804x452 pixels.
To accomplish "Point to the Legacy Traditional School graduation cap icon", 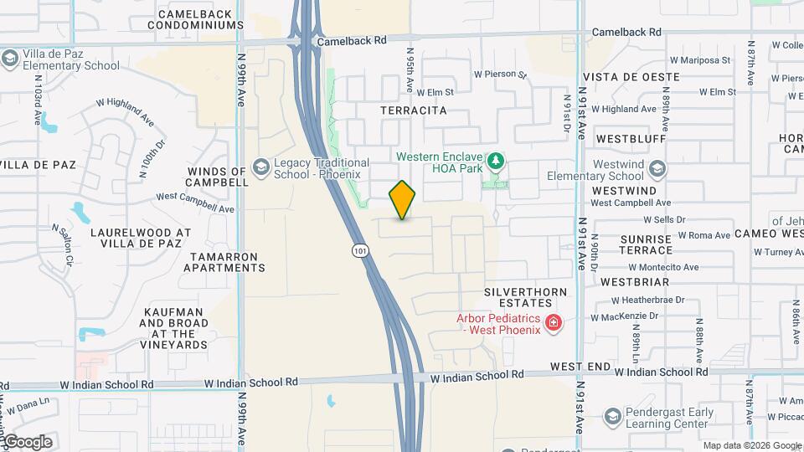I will (261, 167).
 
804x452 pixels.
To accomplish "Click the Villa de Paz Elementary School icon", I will (10, 59).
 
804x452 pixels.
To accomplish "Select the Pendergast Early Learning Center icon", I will (613, 417).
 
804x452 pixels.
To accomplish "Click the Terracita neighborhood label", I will (413, 110).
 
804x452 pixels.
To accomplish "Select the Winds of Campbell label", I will (218, 177).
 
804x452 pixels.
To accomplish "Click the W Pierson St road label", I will (500, 74).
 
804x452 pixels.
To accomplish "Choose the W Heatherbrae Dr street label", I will (647, 300).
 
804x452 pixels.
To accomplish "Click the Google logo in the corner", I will (27, 442).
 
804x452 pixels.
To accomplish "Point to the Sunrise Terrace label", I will (646, 244).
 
